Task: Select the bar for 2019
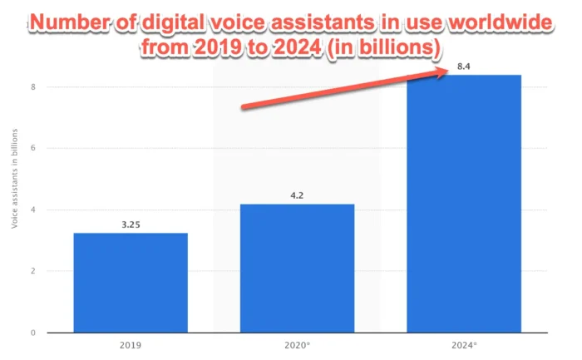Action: pos(131,283)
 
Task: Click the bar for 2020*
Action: pos(297,268)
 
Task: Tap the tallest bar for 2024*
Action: pos(463,204)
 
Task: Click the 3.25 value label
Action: pos(131,225)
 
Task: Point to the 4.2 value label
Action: pos(297,196)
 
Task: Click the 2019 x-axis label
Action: pos(131,344)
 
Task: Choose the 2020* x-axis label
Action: pos(297,344)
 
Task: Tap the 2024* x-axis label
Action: pos(463,344)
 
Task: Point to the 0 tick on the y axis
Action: pos(33,333)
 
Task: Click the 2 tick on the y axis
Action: pos(33,271)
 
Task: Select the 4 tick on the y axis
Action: pos(33,210)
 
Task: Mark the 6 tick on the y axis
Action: pos(33,148)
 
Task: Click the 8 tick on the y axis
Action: pos(33,86)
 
